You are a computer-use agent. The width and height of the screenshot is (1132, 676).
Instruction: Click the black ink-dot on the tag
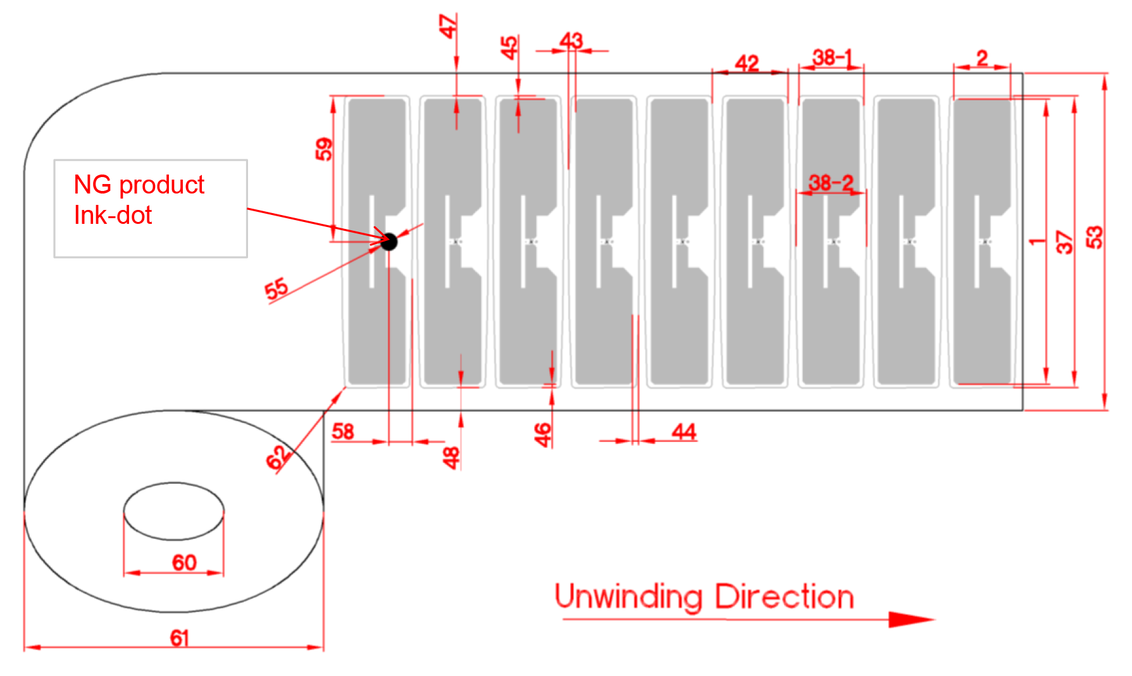(x=389, y=242)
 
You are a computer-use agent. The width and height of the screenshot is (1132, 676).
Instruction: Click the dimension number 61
(x=180, y=638)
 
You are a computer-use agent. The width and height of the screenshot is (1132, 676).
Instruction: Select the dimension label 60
(x=184, y=562)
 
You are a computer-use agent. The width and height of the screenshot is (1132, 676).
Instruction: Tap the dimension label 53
(x=1094, y=237)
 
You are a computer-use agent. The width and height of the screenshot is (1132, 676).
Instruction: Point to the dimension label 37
(x=1065, y=242)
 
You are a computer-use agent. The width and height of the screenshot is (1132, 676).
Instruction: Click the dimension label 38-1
(x=833, y=58)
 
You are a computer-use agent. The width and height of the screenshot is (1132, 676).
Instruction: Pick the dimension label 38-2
(x=831, y=183)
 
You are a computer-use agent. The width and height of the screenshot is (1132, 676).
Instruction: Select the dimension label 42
(x=747, y=63)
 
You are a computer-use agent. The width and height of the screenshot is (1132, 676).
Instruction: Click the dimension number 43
(x=571, y=40)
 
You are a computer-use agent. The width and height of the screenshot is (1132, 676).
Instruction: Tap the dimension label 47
(x=448, y=27)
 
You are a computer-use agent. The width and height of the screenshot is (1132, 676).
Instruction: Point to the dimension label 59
(x=323, y=149)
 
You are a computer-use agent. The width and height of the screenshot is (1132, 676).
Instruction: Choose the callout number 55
(x=276, y=289)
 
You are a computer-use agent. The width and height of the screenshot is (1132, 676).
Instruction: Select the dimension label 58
(x=343, y=431)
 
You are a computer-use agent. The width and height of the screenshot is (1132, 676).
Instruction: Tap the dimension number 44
(x=684, y=432)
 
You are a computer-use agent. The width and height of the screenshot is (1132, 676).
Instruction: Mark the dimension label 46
(x=542, y=435)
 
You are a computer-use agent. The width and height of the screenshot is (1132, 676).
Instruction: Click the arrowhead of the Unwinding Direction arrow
(x=911, y=619)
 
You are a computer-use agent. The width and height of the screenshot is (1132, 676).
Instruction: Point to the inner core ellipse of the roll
(x=174, y=483)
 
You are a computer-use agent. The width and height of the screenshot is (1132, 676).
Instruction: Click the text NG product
(x=139, y=185)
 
